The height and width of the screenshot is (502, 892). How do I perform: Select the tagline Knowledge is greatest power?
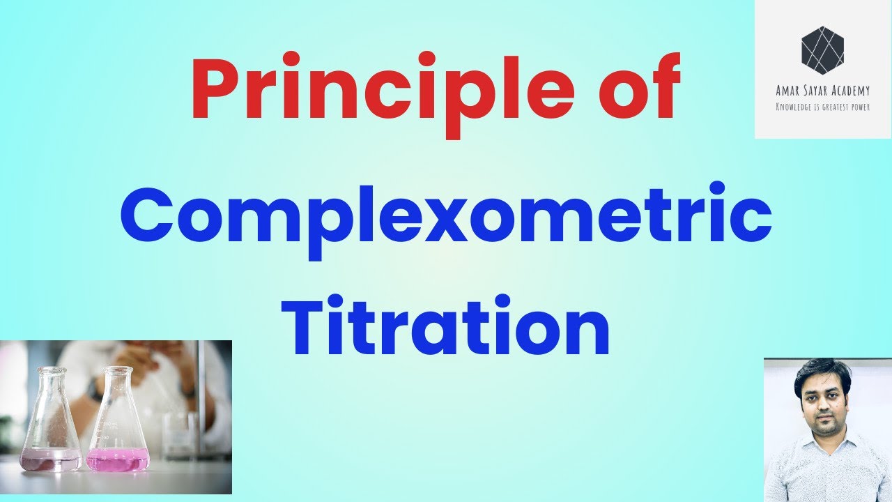pyautogui.click(x=823, y=107)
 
